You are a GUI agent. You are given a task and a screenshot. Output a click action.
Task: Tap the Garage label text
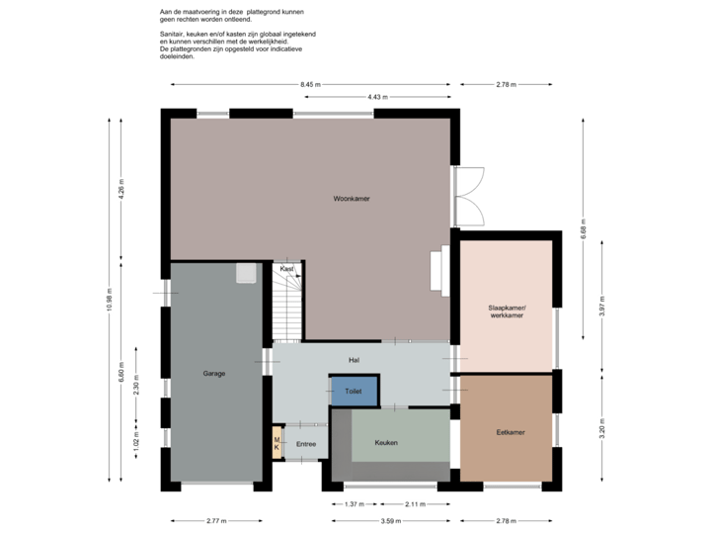[x=214, y=374]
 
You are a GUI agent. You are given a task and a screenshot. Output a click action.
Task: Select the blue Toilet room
[x=354, y=392]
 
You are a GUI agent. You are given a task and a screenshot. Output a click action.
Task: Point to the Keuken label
[x=386, y=442]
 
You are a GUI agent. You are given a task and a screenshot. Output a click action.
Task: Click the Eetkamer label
[x=510, y=432]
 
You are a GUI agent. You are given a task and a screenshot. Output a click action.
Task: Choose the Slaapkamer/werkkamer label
[x=508, y=312]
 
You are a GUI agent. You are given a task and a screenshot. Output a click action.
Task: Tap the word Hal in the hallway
[x=353, y=360]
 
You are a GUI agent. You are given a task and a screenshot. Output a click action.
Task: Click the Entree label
[x=306, y=444]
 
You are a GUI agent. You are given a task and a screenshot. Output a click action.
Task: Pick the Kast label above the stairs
[x=286, y=269]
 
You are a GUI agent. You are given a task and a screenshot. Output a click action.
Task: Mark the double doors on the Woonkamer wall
[x=471, y=195]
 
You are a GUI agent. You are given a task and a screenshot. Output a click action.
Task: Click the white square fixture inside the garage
[x=246, y=272]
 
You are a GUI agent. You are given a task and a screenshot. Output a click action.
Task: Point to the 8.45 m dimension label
[x=311, y=85]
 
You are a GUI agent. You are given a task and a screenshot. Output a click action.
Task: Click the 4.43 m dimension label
[x=377, y=97]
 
